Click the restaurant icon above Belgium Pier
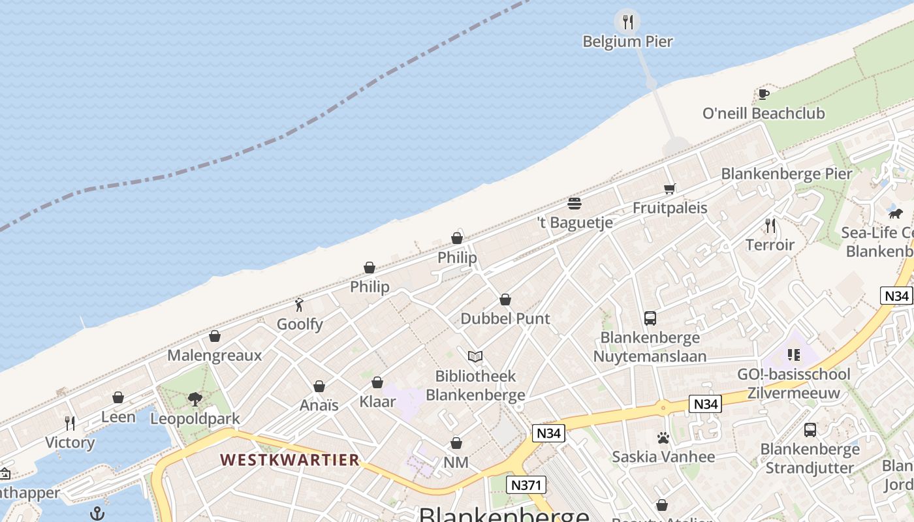click(x=627, y=22)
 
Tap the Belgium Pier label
click(x=627, y=42)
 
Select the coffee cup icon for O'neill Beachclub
click(x=763, y=95)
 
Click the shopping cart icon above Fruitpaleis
click(x=669, y=189)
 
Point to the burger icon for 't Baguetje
click(x=575, y=204)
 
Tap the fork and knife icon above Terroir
click(x=770, y=226)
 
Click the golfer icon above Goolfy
click(x=300, y=305)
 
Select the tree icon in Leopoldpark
click(x=195, y=399)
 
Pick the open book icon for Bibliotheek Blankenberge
click(x=475, y=357)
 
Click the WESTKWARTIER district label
click(x=290, y=460)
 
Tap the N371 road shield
click(x=526, y=485)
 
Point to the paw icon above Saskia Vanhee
click(x=663, y=438)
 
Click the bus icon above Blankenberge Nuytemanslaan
click(x=650, y=318)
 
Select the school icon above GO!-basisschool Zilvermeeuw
click(x=794, y=355)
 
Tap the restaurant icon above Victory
click(x=70, y=423)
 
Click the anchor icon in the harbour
click(x=97, y=514)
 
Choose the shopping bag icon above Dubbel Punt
click(x=505, y=299)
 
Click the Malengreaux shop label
click(x=214, y=356)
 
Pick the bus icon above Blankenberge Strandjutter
click(x=810, y=430)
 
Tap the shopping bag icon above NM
click(x=456, y=444)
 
